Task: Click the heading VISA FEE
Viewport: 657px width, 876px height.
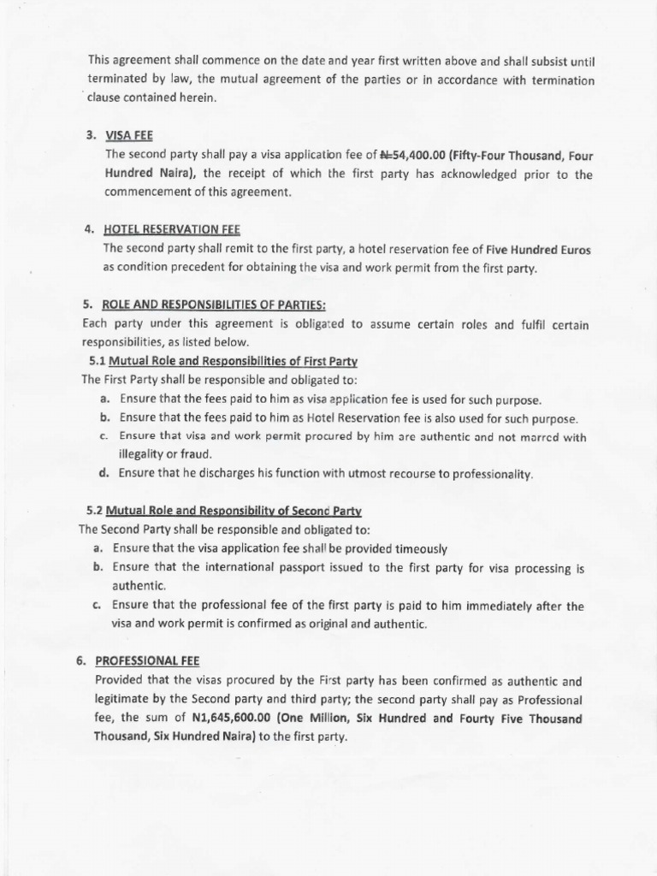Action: (x=128, y=135)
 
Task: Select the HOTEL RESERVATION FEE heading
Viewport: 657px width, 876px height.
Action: (x=172, y=229)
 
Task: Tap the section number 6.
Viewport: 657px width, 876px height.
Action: (x=80, y=661)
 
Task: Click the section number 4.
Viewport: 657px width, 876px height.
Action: (x=89, y=229)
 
